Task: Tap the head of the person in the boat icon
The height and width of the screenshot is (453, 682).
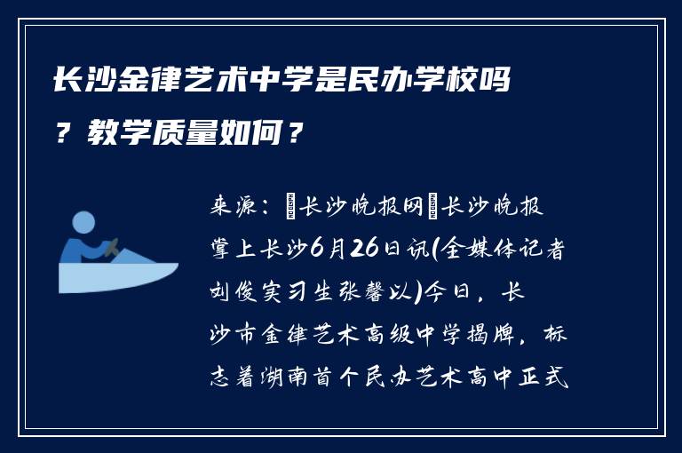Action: tap(83, 222)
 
